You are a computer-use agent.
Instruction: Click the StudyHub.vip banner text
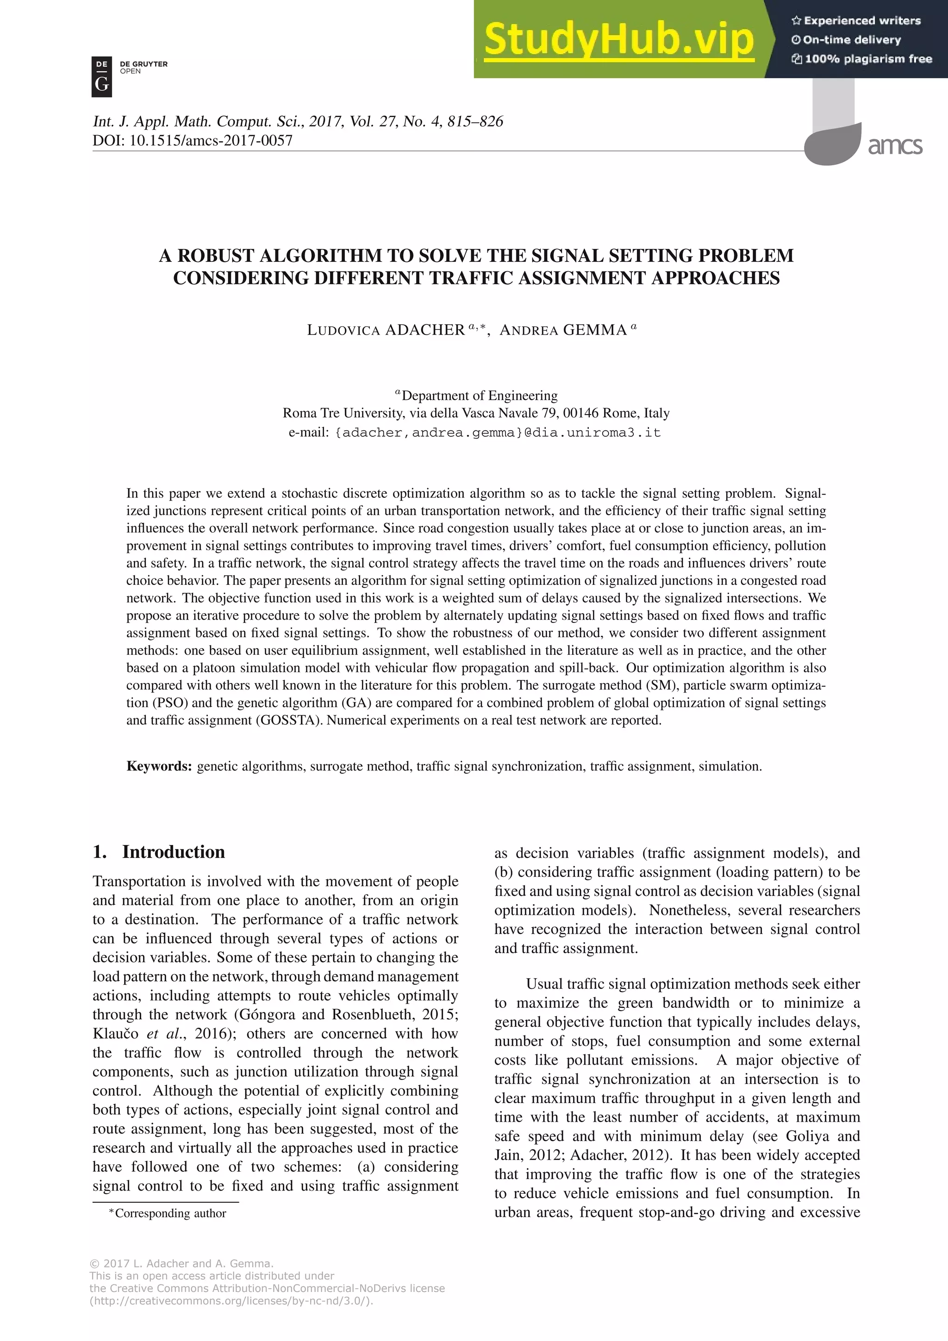(618, 39)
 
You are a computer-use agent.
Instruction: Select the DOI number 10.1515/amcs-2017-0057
(210, 141)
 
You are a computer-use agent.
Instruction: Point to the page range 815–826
(474, 122)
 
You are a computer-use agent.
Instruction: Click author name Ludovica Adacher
(386, 330)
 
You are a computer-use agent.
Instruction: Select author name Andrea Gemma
(563, 330)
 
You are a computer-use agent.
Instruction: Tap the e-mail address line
(474, 433)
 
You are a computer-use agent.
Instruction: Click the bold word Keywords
(159, 766)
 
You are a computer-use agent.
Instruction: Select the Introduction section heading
(173, 851)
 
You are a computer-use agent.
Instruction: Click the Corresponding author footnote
(170, 1213)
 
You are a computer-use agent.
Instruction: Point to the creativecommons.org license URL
(231, 1301)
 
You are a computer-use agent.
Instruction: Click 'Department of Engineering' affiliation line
(479, 396)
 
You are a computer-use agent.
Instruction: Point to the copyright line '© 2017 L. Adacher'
(181, 1263)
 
